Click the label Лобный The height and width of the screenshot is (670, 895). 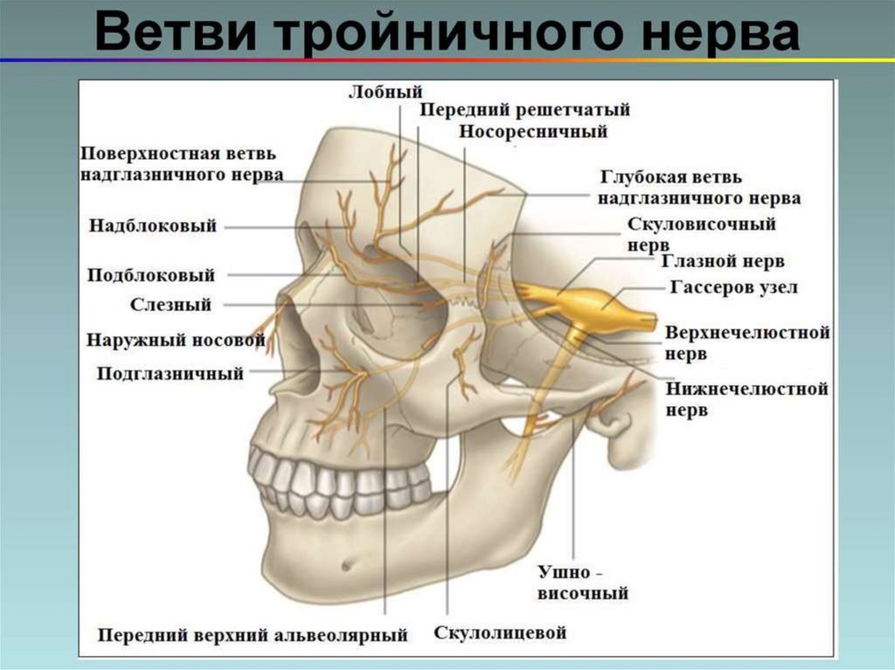point(385,91)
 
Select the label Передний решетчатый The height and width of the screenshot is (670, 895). point(524,110)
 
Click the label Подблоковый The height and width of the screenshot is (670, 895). point(151,275)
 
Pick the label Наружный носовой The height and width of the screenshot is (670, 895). point(175,340)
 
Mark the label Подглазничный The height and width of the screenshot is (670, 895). point(170,374)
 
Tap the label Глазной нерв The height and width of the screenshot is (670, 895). point(723,261)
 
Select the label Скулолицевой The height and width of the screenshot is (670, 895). point(500,632)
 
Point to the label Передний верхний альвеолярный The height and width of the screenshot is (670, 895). point(253,634)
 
